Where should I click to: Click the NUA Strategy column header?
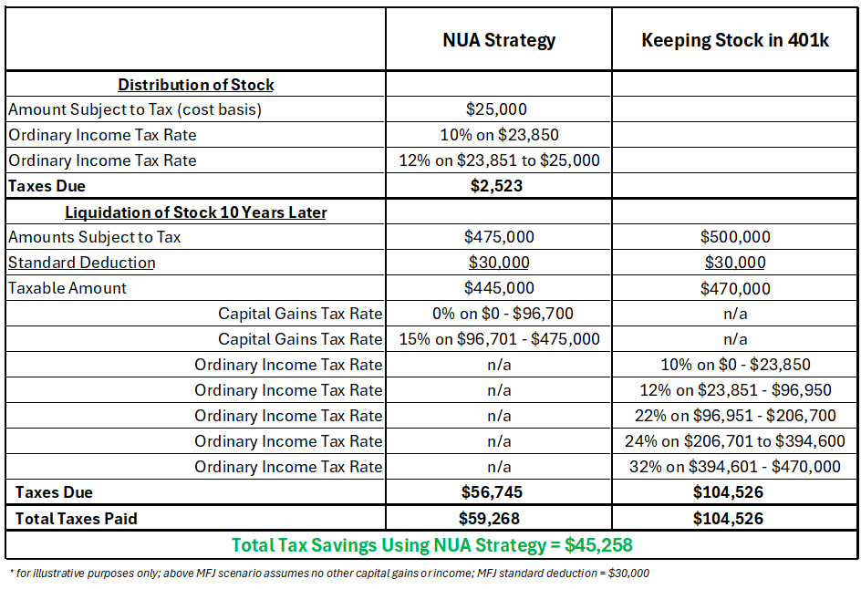point(499,41)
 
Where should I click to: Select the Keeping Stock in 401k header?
point(735,40)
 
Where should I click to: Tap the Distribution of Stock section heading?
point(195,85)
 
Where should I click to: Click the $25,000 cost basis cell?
point(496,109)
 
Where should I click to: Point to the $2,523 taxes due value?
point(496,185)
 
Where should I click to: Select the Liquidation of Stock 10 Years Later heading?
point(195,212)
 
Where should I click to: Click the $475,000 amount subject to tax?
point(499,236)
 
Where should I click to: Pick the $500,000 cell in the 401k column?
point(735,236)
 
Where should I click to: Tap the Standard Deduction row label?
point(82,263)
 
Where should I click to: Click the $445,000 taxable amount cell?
point(499,287)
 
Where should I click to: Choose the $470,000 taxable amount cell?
point(735,288)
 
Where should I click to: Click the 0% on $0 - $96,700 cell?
point(503,314)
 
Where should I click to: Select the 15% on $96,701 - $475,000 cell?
point(499,338)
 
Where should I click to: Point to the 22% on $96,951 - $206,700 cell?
point(735,416)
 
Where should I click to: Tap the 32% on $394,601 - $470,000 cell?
point(735,467)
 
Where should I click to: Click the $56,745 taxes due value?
point(492,491)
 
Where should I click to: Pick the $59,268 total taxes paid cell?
point(489,518)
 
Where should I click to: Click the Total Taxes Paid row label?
point(76,518)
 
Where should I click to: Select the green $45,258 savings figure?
point(598,545)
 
